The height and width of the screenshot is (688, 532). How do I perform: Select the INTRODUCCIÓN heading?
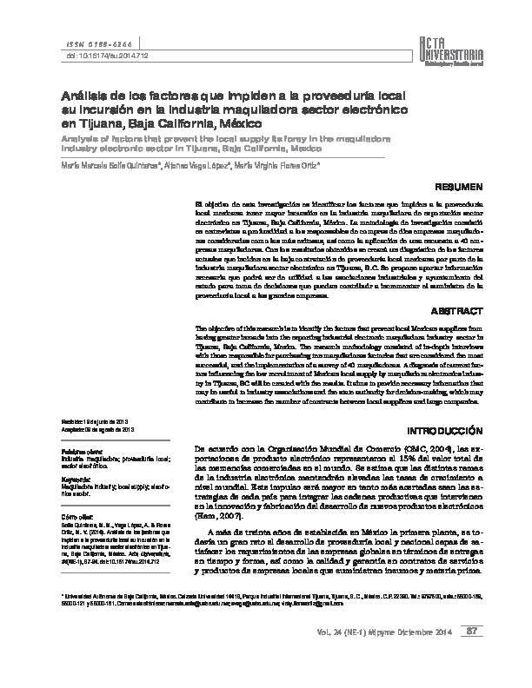coord(444,430)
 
